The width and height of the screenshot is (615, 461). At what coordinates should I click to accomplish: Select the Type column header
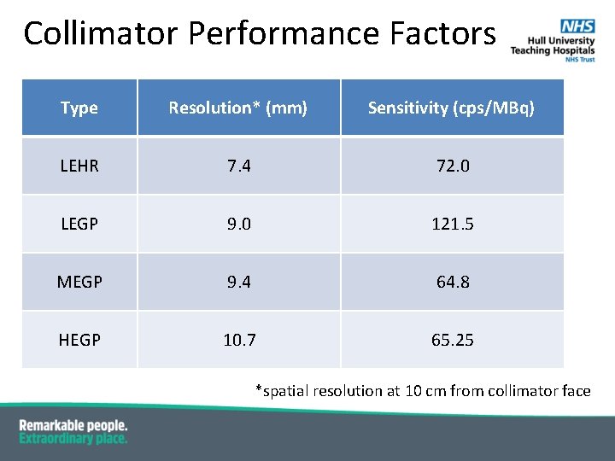click(x=79, y=108)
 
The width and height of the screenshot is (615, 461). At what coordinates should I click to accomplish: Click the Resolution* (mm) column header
click(x=238, y=108)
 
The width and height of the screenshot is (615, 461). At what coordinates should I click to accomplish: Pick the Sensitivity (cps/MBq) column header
click(x=451, y=108)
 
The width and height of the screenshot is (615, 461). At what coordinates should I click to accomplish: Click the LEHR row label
click(x=79, y=166)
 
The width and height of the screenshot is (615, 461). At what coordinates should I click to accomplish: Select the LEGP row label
click(x=79, y=225)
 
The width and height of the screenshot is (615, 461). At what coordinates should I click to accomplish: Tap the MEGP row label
click(x=79, y=283)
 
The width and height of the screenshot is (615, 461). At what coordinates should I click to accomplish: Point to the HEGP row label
click(x=79, y=341)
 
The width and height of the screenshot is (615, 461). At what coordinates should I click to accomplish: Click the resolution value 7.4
click(x=238, y=166)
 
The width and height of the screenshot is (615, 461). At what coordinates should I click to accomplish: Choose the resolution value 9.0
click(x=238, y=225)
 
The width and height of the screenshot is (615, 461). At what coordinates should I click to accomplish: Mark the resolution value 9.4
click(x=238, y=283)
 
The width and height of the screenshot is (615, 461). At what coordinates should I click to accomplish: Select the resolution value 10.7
click(x=238, y=341)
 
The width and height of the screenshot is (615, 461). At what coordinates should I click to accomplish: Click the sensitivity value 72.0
click(x=452, y=166)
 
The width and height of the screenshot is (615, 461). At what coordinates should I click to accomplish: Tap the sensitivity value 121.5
click(x=452, y=225)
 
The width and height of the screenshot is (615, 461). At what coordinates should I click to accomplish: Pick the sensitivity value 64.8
click(x=452, y=283)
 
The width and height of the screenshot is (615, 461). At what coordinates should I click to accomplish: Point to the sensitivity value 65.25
click(x=452, y=341)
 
